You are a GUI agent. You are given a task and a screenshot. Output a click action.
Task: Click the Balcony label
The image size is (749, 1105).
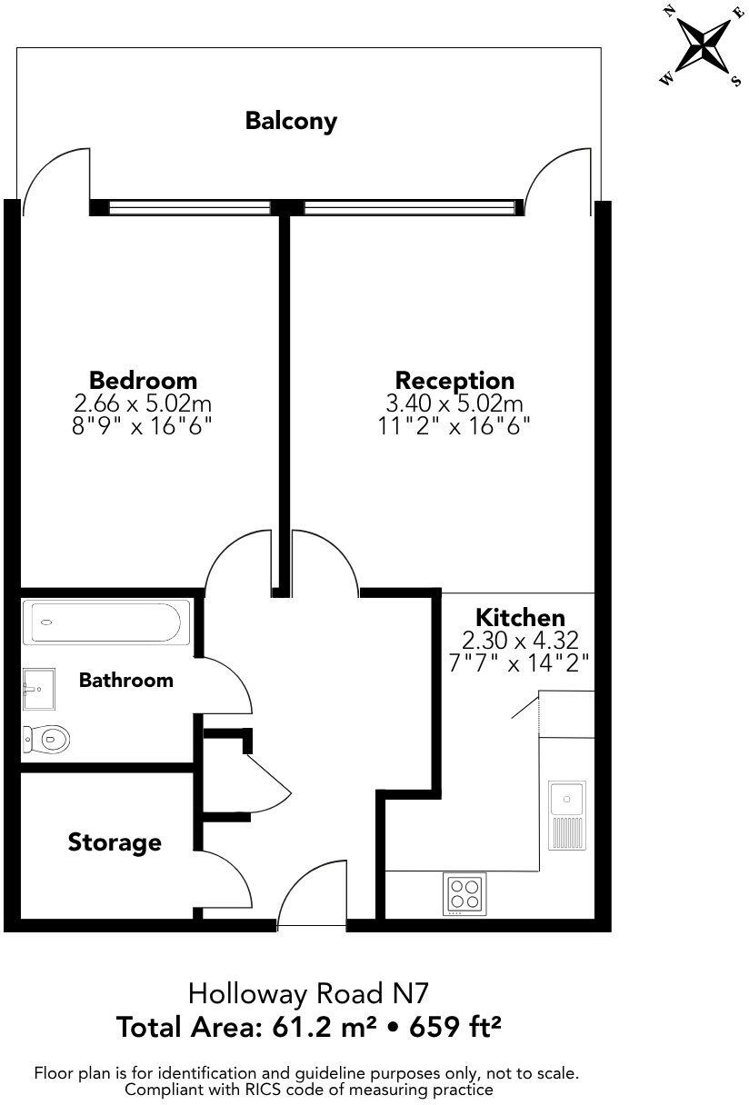[x=291, y=121]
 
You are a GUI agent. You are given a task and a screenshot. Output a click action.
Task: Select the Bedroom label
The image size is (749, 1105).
[x=143, y=380]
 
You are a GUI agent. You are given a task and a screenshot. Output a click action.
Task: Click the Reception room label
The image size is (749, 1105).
[x=454, y=380]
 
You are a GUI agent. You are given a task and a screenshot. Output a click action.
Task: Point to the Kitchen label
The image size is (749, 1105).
[x=521, y=618]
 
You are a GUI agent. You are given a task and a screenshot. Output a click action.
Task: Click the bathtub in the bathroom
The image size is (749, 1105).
[x=106, y=623]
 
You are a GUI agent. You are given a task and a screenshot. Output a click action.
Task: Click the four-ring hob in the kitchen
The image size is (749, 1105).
[x=464, y=893]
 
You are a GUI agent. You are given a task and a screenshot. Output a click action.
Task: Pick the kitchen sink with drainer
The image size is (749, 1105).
[x=567, y=815]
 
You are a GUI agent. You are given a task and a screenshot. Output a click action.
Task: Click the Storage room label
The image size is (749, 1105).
[x=115, y=842]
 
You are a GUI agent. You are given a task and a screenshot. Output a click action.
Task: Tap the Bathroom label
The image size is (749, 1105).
[x=125, y=680]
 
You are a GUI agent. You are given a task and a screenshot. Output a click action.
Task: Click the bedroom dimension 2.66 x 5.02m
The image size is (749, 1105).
[x=143, y=403]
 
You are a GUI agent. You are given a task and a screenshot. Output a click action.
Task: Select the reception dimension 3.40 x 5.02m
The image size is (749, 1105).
[x=454, y=403]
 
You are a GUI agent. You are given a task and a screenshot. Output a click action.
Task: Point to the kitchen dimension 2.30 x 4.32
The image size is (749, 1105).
[x=521, y=641]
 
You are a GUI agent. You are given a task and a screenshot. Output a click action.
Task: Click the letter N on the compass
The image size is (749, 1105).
[x=669, y=11]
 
